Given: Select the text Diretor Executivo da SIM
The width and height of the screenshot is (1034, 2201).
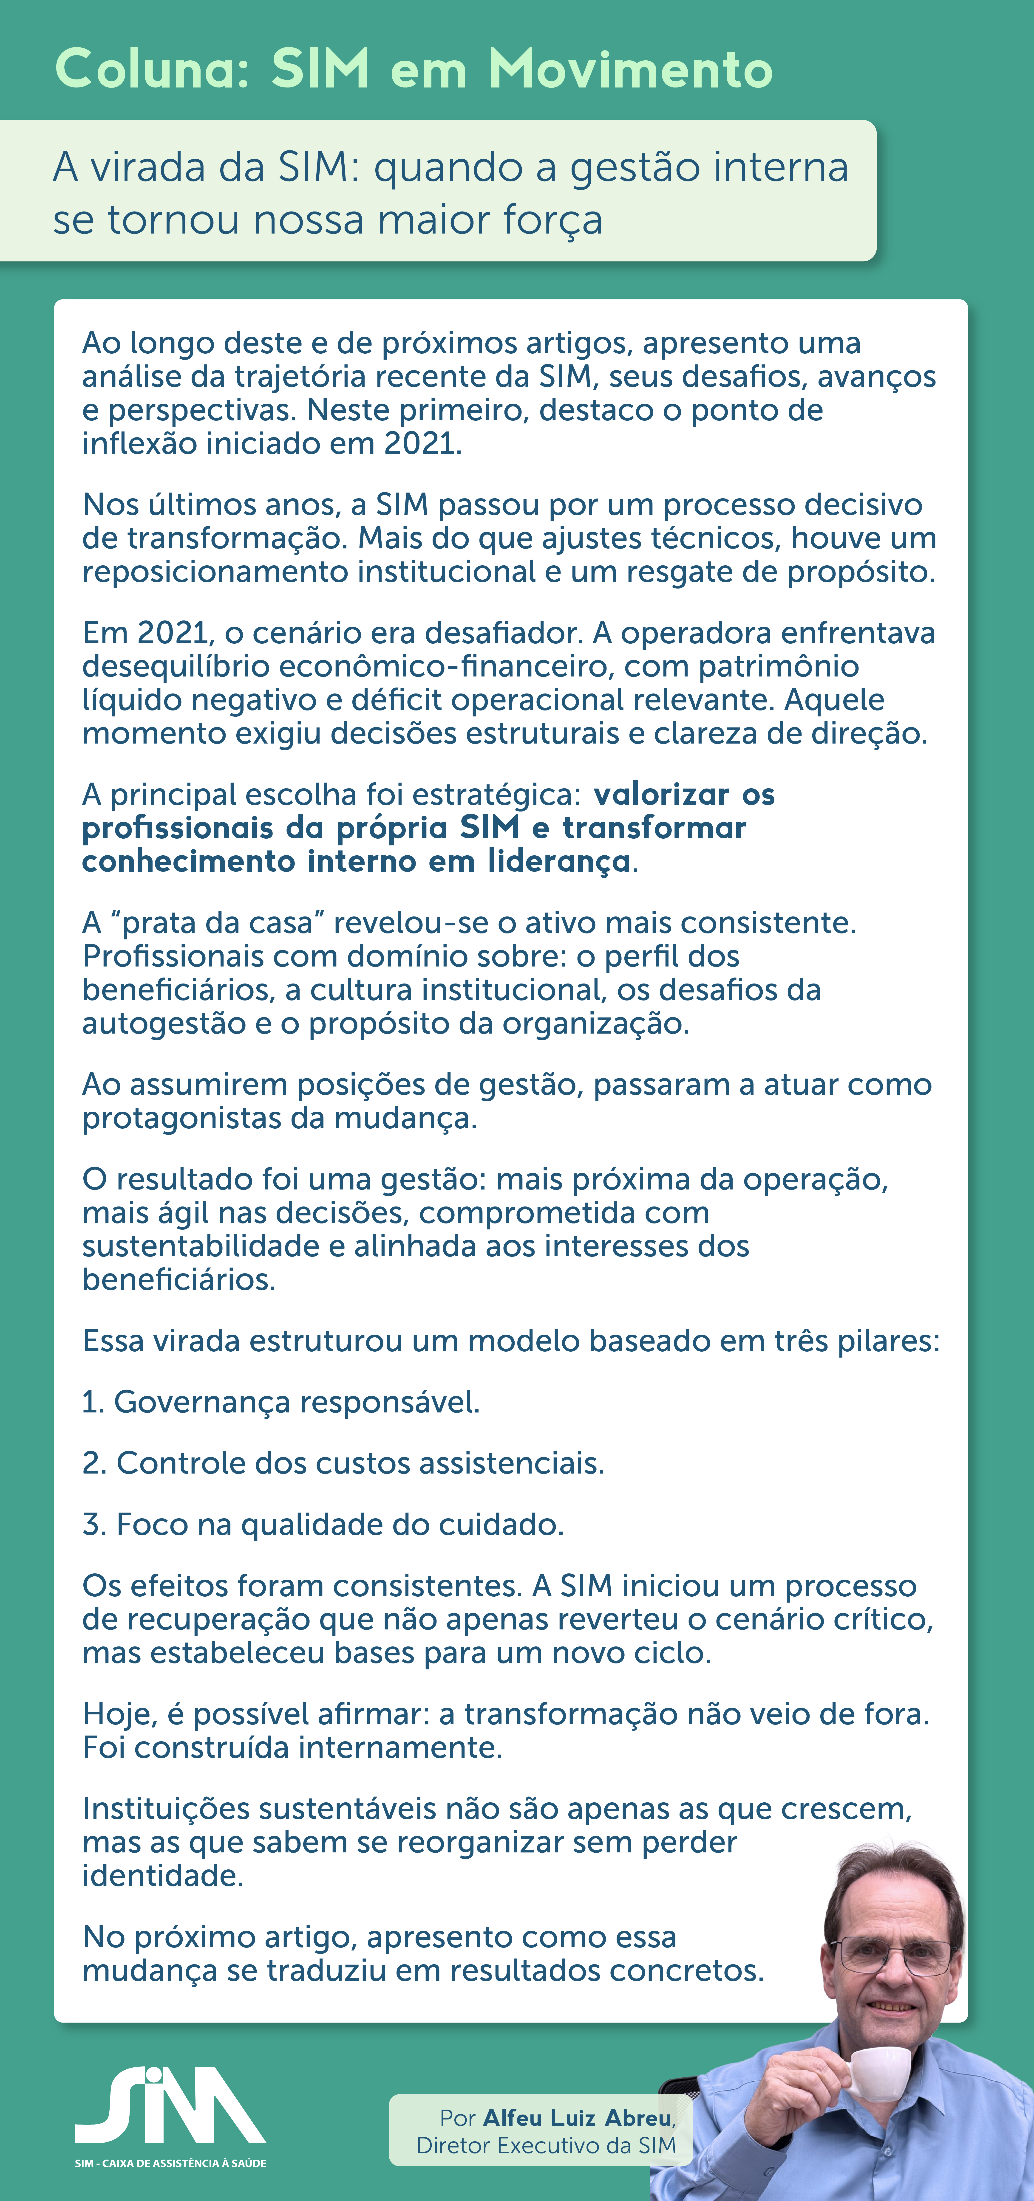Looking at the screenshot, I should click(546, 2145).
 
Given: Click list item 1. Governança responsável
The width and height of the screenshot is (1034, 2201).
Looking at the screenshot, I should click(281, 1402).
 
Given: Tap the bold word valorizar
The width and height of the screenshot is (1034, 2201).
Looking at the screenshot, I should click(661, 795).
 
